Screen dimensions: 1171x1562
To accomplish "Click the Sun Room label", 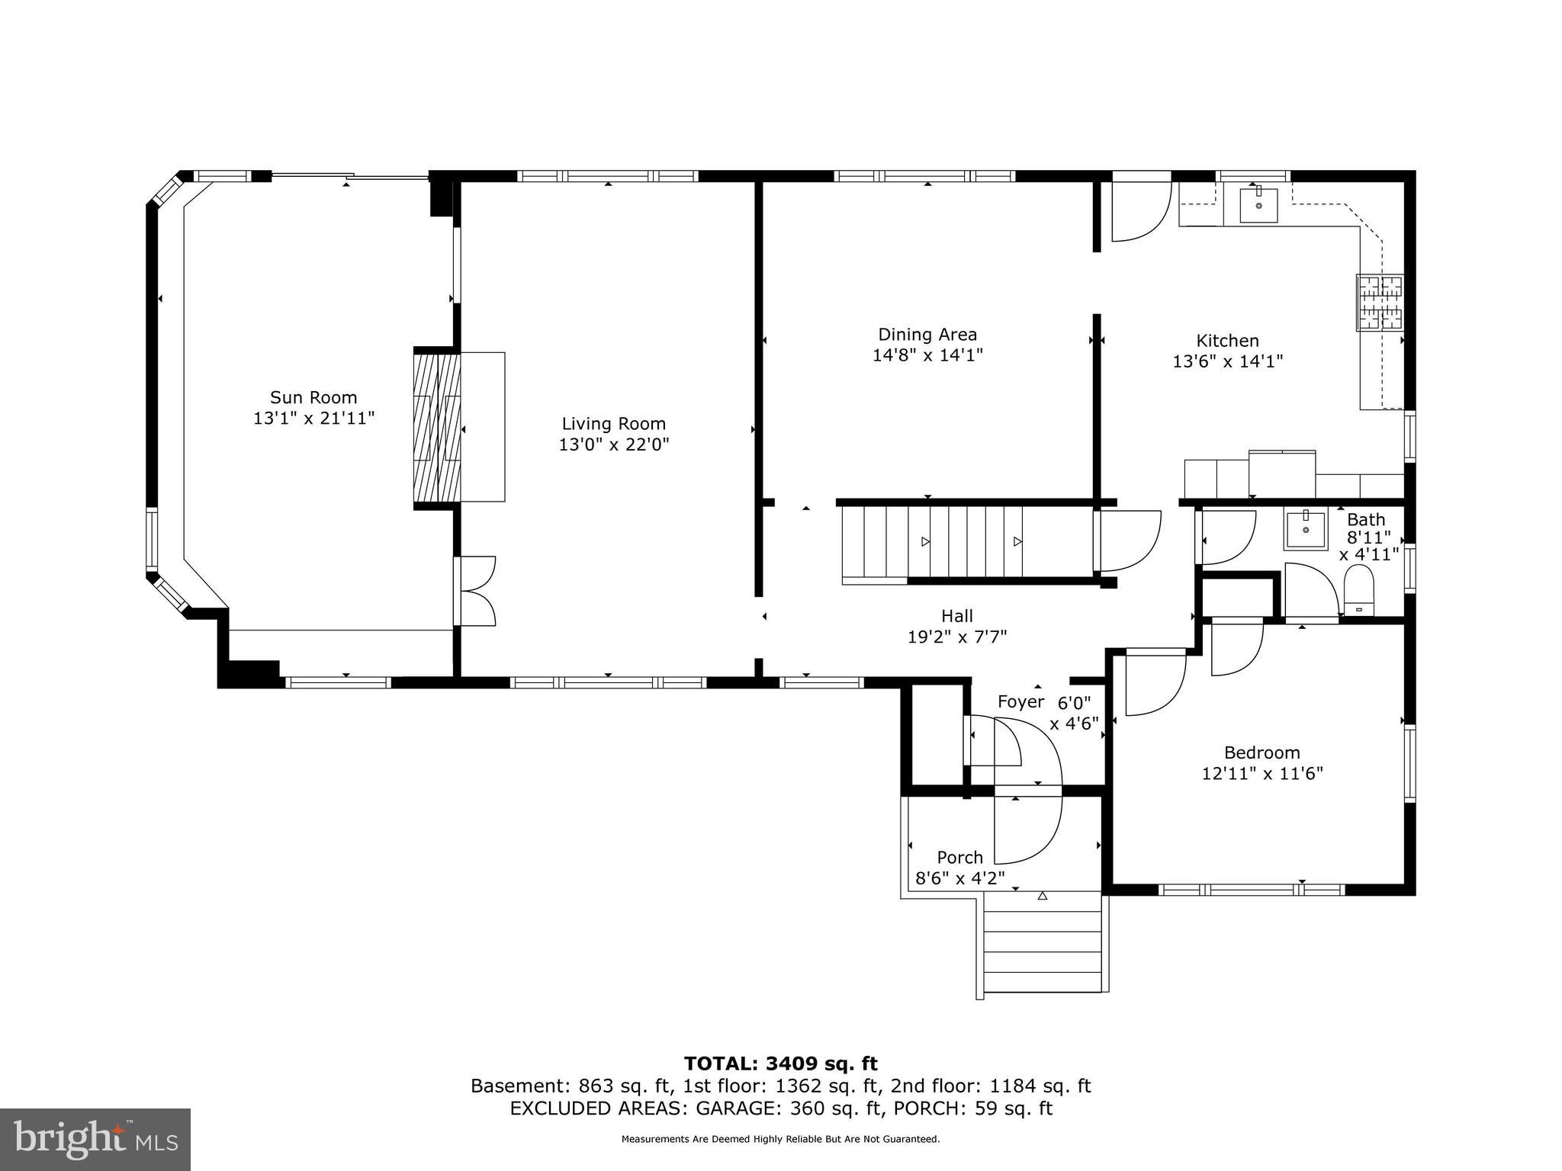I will [313, 397].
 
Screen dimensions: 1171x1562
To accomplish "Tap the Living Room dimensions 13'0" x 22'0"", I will [614, 444].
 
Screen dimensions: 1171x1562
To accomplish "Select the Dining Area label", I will [927, 334].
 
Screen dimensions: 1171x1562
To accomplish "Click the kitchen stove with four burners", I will [1380, 303].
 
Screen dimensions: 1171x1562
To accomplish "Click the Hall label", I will [956, 615].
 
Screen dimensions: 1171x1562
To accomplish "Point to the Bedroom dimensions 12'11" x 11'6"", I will [1262, 773].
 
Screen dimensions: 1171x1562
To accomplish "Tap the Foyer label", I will [1020, 702].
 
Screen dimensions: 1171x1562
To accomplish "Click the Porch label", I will [959, 857].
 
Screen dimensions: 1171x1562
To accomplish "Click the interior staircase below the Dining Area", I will [969, 542].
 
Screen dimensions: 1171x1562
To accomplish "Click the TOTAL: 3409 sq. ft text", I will [780, 1064].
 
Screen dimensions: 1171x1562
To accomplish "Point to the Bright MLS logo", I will [95, 1139].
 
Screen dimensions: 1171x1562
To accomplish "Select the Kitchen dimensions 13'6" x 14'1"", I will [1227, 361].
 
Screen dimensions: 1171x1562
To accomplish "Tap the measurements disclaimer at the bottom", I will [780, 1139].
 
